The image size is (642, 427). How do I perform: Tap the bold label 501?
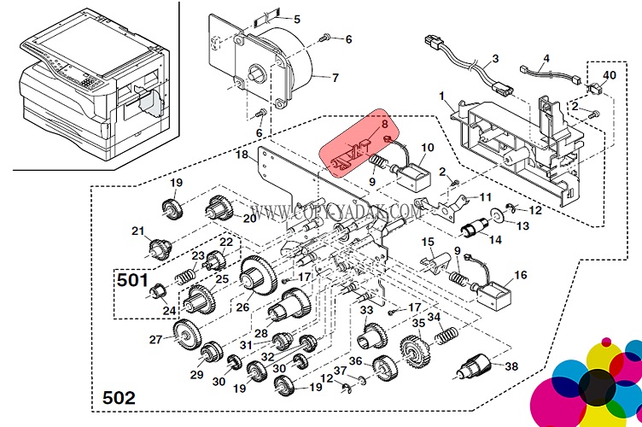pos(132,280)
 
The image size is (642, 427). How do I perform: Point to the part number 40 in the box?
pos(609,75)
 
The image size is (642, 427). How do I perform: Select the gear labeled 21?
pos(157,249)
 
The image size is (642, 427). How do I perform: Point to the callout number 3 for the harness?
pos(494,61)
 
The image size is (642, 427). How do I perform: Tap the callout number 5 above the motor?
pos(297,19)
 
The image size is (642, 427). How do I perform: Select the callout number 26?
pos(242,307)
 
